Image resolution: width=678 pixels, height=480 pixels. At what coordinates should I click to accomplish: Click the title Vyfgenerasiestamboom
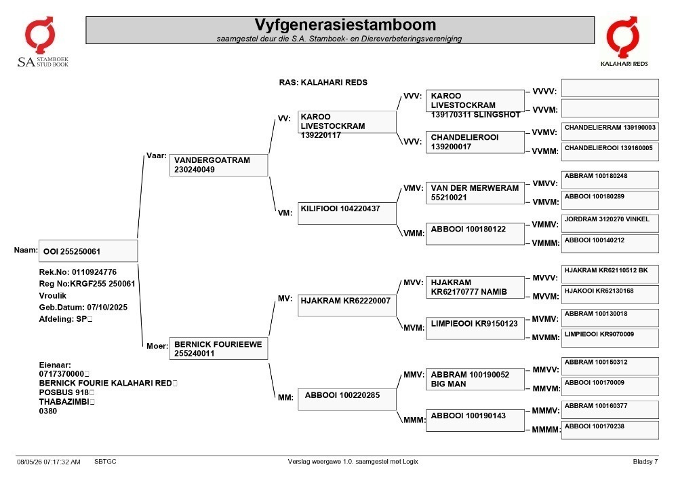click(345, 24)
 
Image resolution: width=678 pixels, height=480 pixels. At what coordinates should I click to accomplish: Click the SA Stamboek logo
click(42, 42)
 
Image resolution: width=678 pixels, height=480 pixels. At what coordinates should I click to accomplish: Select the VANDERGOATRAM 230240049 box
click(219, 165)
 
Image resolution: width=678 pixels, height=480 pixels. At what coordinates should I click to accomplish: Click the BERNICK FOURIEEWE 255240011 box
click(219, 348)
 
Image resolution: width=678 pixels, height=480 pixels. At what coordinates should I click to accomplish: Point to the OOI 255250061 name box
click(88, 251)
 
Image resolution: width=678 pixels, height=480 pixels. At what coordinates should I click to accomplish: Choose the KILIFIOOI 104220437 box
click(346, 213)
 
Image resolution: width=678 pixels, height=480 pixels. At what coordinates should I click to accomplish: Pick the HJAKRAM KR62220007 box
click(346, 306)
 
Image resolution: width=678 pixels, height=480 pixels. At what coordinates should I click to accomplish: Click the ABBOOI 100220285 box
click(346, 399)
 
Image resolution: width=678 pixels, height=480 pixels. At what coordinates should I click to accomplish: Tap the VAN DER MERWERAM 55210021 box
click(475, 193)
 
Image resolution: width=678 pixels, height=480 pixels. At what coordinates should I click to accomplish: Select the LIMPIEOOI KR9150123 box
click(475, 328)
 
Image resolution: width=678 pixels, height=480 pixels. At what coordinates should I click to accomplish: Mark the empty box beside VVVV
click(610, 88)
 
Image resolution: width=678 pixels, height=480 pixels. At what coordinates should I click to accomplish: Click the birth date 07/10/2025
click(107, 308)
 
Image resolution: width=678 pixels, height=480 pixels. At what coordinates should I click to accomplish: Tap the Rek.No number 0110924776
click(94, 272)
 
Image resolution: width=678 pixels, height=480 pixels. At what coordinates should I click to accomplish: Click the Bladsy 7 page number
click(645, 462)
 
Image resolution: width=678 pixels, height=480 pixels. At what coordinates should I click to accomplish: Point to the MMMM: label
click(546, 430)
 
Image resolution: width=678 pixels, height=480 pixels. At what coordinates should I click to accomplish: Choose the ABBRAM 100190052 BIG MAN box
click(475, 379)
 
